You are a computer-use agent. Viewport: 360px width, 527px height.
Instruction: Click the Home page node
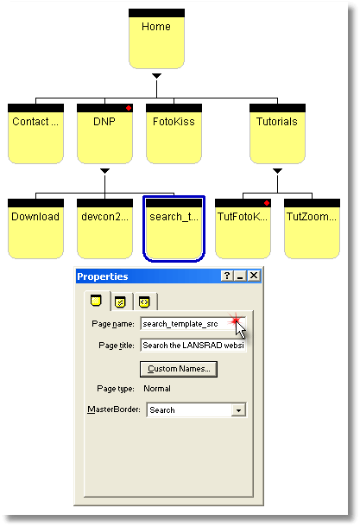point(156,39)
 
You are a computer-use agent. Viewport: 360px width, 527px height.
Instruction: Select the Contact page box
point(35,134)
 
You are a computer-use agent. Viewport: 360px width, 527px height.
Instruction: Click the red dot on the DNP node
point(129,108)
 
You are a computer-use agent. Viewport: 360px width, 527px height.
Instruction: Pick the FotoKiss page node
point(174,134)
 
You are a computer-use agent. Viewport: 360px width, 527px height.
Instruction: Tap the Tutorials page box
point(277,134)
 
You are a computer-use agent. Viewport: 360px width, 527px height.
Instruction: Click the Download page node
point(35,229)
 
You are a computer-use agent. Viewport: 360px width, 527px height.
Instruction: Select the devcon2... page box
point(104,229)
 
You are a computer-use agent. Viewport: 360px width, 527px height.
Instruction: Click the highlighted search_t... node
point(174,229)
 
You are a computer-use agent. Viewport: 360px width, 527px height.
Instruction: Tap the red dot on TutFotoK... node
point(267,203)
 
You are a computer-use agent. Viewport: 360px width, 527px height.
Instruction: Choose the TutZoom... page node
point(312,229)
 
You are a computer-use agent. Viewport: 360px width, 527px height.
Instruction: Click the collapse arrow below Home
point(156,76)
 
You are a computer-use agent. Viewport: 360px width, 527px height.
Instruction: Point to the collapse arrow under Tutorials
point(277,171)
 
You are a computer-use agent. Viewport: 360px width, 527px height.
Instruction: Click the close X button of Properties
point(254,276)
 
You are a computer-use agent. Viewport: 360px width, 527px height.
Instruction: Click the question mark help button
point(227,276)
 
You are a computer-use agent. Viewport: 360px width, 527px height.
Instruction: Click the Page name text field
point(193,324)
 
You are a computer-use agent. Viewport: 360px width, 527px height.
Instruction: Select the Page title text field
point(193,346)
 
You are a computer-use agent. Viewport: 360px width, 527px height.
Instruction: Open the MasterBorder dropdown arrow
point(238,410)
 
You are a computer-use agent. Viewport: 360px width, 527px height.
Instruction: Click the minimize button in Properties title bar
point(241,276)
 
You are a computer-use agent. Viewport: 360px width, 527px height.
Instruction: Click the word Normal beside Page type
point(157,389)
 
